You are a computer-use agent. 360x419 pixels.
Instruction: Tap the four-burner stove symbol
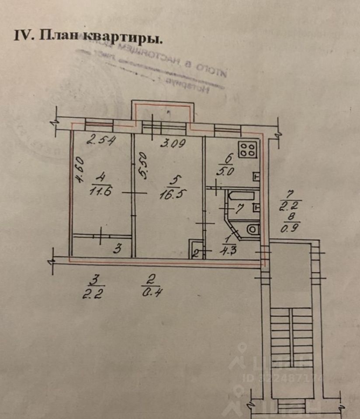click(x=247, y=150)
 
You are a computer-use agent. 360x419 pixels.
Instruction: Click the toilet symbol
click(x=253, y=228)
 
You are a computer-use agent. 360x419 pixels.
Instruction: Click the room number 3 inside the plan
click(x=117, y=250)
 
